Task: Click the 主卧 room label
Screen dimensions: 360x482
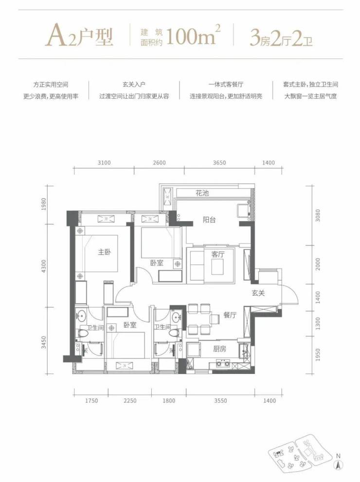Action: pyautogui.click(x=104, y=252)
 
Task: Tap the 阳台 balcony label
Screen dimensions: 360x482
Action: pyautogui.click(x=209, y=220)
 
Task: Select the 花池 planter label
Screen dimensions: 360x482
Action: pyautogui.click(x=202, y=193)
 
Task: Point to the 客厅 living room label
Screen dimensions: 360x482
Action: pyautogui.click(x=218, y=255)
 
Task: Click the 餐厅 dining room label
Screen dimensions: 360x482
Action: pyautogui.click(x=230, y=315)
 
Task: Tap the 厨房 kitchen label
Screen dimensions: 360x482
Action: pyautogui.click(x=219, y=349)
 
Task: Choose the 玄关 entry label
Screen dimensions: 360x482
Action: pyautogui.click(x=258, y=293)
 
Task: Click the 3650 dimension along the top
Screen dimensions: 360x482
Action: pyautogui.click(x=219, y=163)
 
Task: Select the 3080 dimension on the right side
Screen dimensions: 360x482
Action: pyautogui.click(x=318, y=216)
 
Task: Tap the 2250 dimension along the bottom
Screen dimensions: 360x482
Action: pyautogui.click(x=129, y=401)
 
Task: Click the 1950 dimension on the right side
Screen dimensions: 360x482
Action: pyautogui.click(x=318, y=355)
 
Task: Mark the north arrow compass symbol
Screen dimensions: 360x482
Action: pyautogui.click(x=338, y=465)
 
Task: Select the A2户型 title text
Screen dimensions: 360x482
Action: pyautogui.click(x=79, y=37)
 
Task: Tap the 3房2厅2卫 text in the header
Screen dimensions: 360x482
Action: pyautogui.click(x=281, y=38)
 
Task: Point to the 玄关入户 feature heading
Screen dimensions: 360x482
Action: pyautogui.click(x=134, y=84)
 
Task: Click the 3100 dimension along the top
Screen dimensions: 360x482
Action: pyautogui.click(x=104, y=163)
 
